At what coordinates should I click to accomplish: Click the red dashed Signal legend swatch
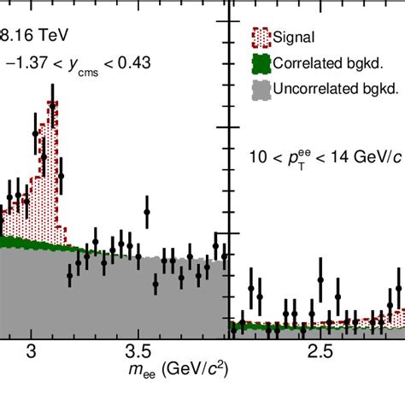tap(262, 36)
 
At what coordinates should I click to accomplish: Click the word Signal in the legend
tap(296, 37)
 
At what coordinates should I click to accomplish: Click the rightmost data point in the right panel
tap(399, 291)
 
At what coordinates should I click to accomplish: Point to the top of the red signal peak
tap(54, 103)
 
